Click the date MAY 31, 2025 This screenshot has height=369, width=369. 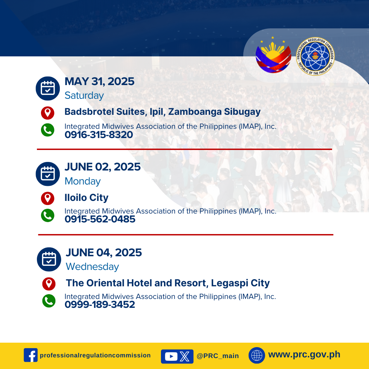point(99,81)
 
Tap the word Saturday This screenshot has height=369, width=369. point(84,96)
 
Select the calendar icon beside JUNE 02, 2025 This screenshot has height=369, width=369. point(48,174)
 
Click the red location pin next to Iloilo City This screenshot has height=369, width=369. point(47,198)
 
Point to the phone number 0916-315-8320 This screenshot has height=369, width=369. point(99,135)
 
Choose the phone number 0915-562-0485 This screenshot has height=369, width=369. point(100,219)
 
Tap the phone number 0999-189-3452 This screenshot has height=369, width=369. point(100,304)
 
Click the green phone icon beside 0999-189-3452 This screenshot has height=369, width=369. point(49,301)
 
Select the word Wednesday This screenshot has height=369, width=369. point(92,266)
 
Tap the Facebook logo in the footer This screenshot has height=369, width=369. point(31,355)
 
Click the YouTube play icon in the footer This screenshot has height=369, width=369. point(171,356)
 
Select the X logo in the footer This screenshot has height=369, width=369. point(185,356)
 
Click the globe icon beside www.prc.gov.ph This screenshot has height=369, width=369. point(257,355)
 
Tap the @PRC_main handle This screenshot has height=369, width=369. point(218,356)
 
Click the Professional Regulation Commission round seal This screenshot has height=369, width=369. point(315,56)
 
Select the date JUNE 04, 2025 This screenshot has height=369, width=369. point(104,252)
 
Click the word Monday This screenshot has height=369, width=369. point(83,181)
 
